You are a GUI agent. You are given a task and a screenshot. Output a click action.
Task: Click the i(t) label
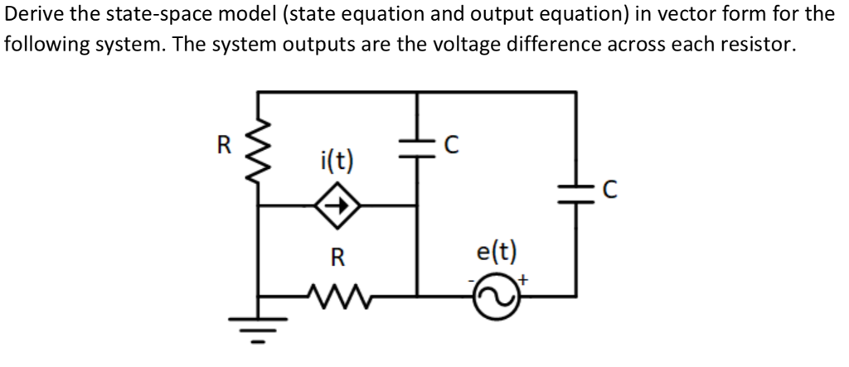click(335, 160)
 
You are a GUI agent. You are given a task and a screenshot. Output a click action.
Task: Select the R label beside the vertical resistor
click(223, 144)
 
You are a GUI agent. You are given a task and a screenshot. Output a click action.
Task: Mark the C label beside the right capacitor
click(609, 191)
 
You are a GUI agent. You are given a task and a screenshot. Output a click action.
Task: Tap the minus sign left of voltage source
click(471, 282)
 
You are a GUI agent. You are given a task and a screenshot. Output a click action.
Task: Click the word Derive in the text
click(37, 14)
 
